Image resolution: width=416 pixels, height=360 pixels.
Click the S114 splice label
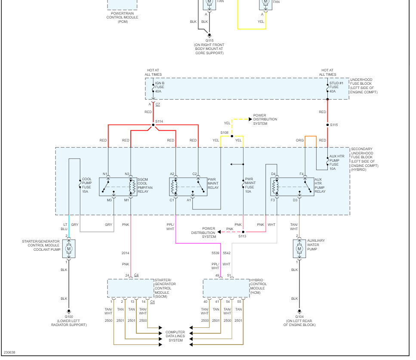click(159, 121)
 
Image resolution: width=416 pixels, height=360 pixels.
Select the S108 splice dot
click(232, 136)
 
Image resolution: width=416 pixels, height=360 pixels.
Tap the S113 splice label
click(242, 236)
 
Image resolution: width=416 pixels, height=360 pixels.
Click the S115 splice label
click(334, 125)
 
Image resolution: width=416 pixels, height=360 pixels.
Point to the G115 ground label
click(210, 40)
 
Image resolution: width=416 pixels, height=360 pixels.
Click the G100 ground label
click(68, 320)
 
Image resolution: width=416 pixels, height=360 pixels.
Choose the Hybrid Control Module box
click(226, 288)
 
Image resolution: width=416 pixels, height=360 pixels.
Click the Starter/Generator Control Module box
click(130, 288)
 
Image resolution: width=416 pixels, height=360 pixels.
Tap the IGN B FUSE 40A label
click(160, 87)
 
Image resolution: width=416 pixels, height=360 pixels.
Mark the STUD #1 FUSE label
click(335, 87)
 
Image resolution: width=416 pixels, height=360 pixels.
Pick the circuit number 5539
click(215, 253)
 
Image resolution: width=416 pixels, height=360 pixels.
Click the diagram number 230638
click(9, 352)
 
